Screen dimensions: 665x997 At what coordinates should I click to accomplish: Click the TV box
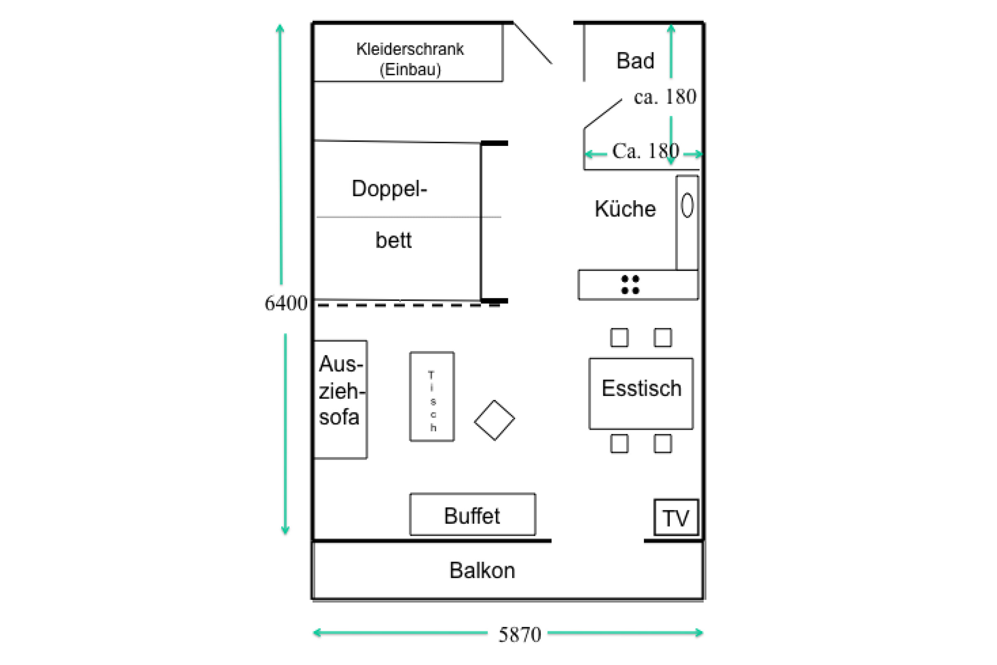(x=676, y=517)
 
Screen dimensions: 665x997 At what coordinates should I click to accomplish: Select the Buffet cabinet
(x=472, y=515)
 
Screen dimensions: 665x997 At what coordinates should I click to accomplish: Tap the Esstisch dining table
(x=641, y=393)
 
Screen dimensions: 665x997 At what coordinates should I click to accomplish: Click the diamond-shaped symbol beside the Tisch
(x=494, y=420)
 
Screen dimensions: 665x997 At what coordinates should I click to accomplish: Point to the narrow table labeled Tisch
(x=432, y=397)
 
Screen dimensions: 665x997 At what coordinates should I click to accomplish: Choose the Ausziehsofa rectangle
(x=340, y=399)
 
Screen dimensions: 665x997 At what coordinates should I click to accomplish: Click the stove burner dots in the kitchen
(x=630, y=285)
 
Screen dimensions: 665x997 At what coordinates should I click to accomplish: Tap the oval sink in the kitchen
(x=687, y=205)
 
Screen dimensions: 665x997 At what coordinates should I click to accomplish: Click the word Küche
(x=625, y=209)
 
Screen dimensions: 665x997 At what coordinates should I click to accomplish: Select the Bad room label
(x=635, y=61)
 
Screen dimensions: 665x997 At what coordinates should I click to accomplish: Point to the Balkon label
(x=482, y=570)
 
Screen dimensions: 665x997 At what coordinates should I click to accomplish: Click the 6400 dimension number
(x=286, y=303)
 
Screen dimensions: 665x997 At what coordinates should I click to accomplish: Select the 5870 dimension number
(x=520, y=635)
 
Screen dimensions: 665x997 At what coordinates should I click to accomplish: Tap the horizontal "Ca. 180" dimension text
(x=645, y=151)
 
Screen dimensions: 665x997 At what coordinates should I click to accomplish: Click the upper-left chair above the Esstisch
(x=619, y=337)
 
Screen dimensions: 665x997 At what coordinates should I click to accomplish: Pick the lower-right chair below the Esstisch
(x=663, y=443)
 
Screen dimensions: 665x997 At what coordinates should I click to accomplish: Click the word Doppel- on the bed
(x=389, y=188)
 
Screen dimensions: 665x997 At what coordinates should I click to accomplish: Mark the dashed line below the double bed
(x=407, y=305)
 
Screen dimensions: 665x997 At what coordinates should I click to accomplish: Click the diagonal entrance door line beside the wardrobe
(x=533, y=43)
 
